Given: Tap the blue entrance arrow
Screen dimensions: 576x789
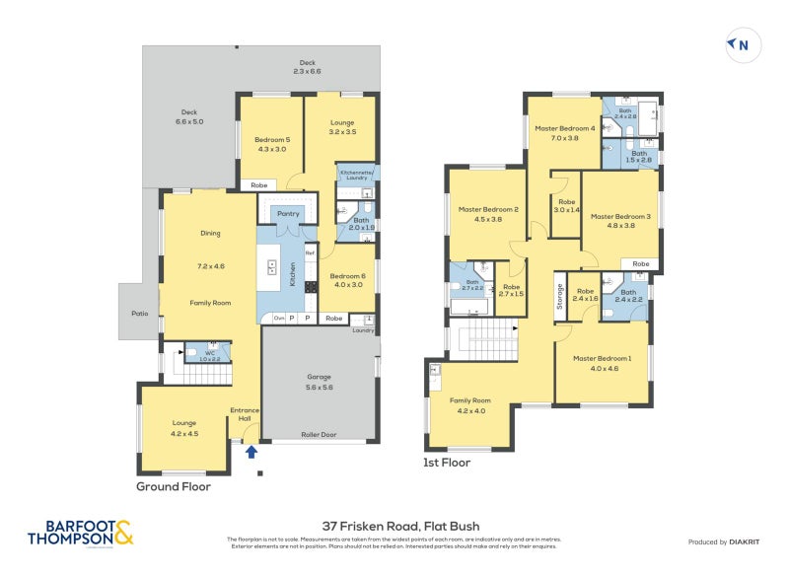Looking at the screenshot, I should pyautogui.click(x=251, y=452).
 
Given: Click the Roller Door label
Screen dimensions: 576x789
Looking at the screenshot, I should pyautogui.click(x=318, y=433).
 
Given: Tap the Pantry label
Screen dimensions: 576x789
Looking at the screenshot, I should pyautogui.click(x=288, y=213).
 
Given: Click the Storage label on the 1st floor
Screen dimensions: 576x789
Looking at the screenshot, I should pyautogui.click(x=559, y=296).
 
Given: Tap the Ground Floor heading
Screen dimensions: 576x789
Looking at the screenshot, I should pyautogui.click(x=174, y=486).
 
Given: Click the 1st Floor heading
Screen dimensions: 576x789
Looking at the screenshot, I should pyautogui.click(x=447, y=462).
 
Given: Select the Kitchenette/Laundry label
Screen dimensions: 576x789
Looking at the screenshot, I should pyautogui.click(x=357, y=176).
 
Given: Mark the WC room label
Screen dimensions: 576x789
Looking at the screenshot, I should pyautogui.click(x=209, y=352).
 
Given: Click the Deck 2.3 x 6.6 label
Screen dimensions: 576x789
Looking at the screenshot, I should pyautogui.click(x=307, y=66).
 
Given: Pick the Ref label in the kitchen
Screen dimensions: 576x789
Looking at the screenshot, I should pyautogui.click(x=309, y=253).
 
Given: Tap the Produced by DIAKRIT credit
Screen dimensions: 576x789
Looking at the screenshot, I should pyautogui.click(x=723, y=542).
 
